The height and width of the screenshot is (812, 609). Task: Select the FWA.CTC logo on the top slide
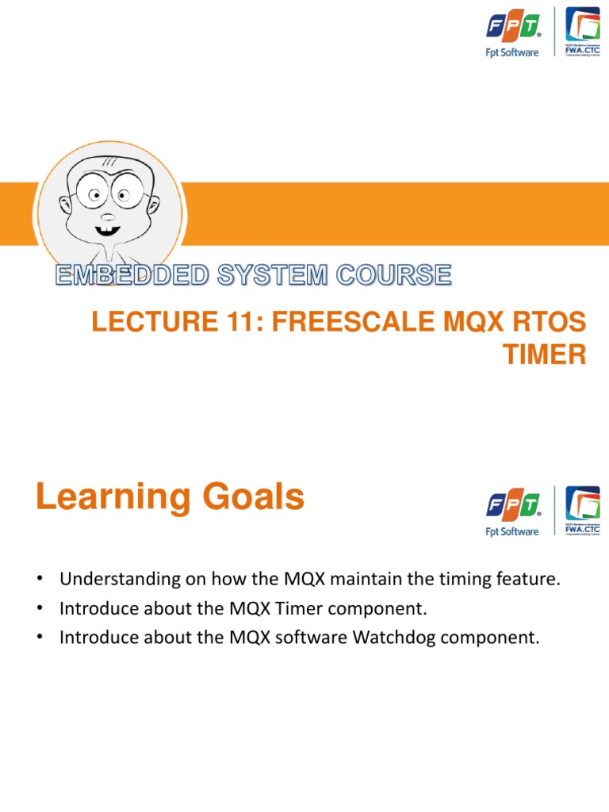582,32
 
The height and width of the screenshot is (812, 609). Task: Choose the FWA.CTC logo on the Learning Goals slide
582,511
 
